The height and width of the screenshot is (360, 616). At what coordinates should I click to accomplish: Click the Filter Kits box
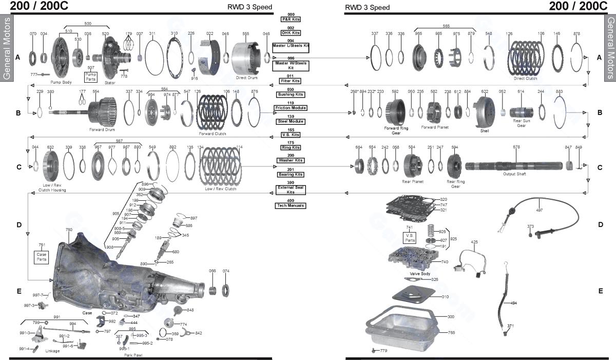291,81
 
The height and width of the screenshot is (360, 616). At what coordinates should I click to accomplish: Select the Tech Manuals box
291,205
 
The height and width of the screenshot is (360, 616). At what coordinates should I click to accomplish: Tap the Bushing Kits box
291,94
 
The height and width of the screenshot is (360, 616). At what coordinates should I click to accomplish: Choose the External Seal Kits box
291,190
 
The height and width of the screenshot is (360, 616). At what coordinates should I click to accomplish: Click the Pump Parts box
91,77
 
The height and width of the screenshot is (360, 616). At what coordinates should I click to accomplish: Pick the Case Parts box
42,257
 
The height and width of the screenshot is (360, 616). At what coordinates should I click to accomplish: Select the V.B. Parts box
410,237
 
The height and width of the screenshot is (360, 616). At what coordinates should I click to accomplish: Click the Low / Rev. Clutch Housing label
52,187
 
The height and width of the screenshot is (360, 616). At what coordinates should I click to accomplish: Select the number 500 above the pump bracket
88,23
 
